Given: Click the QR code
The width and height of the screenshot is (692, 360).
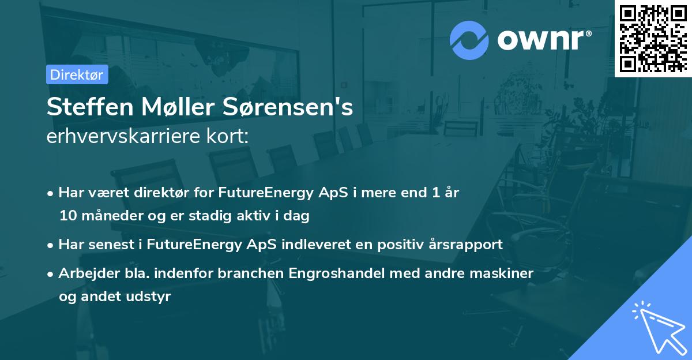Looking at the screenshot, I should (653, 38).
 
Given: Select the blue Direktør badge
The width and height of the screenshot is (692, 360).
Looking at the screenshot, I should (77, 74).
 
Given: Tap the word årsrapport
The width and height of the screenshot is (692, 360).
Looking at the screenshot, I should (468, 244).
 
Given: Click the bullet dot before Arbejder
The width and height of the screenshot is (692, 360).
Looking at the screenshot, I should (51, 272).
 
